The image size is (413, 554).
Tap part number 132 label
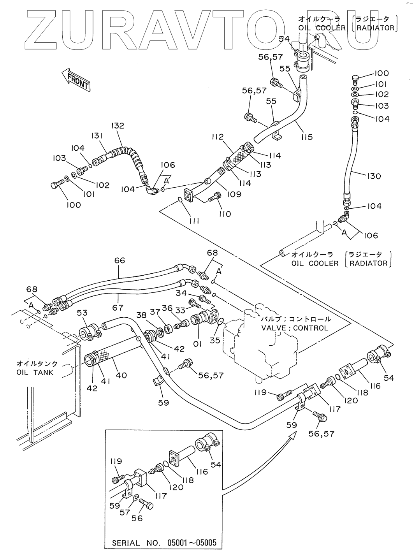(118, 125)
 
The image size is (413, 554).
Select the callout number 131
(97, 136)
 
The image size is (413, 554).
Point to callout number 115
(306, 137)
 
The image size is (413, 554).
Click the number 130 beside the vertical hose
(374, 176)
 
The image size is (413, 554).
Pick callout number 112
(218, 137)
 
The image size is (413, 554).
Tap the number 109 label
(234, 194)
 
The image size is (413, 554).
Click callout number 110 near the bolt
(225, 214)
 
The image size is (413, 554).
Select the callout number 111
(194, 221)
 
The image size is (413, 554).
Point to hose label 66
(120, 260)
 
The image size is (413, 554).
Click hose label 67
(118, 308)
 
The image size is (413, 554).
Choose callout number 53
(82, 313)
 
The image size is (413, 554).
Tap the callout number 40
(121, 375)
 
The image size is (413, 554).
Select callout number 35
(215, 340)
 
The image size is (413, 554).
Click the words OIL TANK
(35, 372)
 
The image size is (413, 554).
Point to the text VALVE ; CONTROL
(295, 328)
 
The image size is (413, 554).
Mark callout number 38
(141, 315)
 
